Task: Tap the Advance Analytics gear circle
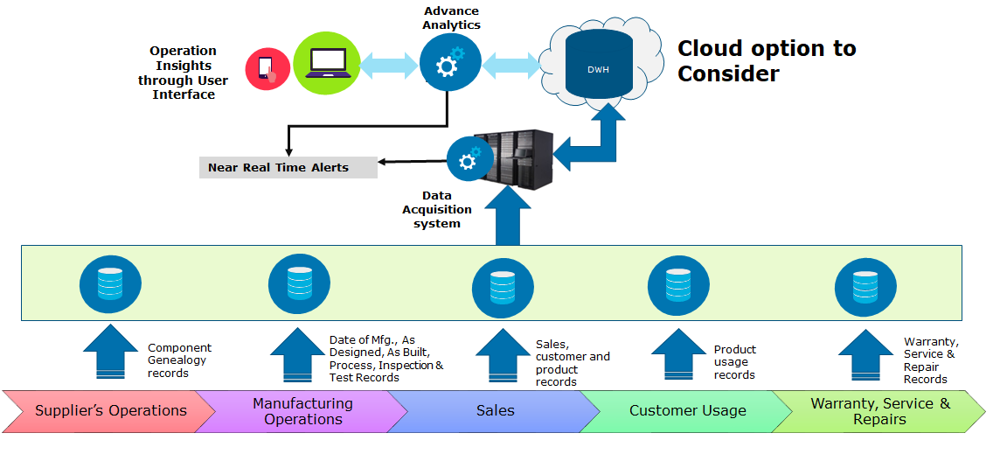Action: point(448,65)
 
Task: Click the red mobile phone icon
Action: point(267,69)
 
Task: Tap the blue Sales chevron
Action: point(495,411)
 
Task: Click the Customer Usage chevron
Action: point(687,411)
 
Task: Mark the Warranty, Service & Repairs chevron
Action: point(879,411)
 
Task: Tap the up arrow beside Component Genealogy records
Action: point(113,353)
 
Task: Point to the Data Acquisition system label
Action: point(437,209)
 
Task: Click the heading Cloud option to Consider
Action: point(767,60)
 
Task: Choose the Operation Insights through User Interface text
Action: point(183,73)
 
